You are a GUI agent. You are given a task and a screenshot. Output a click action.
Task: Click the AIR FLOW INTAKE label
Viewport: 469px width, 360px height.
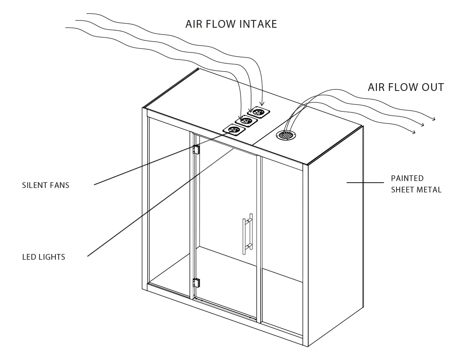click(231, 24)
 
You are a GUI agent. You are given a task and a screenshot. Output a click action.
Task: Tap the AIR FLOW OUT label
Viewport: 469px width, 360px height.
click(405, 87)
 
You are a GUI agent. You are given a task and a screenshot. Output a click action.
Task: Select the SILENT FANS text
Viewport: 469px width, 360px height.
click(46, 186)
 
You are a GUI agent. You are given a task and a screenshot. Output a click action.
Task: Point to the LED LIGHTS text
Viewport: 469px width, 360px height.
click(44, 257)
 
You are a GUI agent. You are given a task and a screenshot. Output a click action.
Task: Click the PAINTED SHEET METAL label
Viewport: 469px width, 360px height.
click(416, 184)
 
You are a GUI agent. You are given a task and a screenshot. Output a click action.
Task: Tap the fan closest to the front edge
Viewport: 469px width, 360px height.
click(234, 130)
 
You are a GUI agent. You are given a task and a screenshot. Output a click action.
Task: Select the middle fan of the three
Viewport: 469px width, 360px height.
click(246, 121)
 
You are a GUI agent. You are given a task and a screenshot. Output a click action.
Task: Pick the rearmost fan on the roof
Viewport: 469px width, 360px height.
click(259, 112)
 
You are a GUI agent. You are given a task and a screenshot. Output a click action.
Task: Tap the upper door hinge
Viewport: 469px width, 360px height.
click(196, 150)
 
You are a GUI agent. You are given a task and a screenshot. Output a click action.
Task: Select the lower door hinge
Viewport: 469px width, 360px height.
click(196, 282)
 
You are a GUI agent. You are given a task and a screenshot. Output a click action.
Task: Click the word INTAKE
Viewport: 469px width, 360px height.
click(258, 24)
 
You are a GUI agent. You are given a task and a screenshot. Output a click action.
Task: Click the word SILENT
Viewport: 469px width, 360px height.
click(34, 186)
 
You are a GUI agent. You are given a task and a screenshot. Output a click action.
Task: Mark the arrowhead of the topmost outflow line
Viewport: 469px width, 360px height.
click(434, 119)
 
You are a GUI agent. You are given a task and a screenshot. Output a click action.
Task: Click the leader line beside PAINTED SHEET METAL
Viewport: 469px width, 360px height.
click(365, 183)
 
